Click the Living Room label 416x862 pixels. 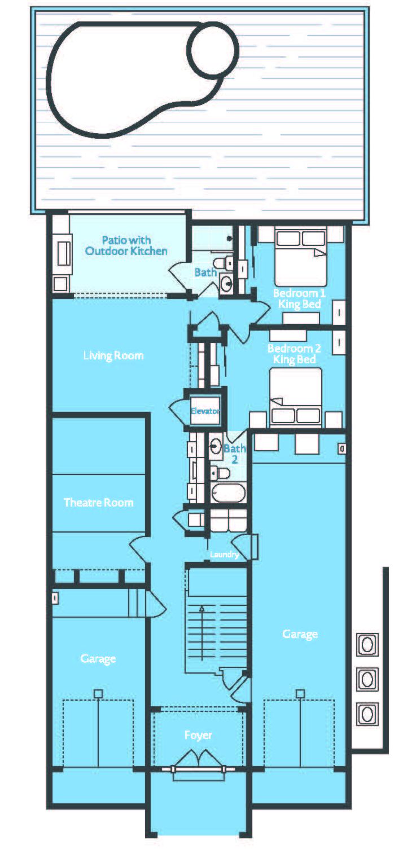point(113,355)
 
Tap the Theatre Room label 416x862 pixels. point(99,502)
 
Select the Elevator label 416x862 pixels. point(205,411)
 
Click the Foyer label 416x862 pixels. point(198,735)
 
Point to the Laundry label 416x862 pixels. point(224,555)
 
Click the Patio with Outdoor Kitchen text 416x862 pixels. point(126,245)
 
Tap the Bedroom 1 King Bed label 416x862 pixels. point(299,298)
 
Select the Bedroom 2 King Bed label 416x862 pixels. point(294,354)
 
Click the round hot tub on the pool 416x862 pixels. point(213,50)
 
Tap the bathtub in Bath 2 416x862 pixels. point(228,493)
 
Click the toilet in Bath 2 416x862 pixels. point(220,472)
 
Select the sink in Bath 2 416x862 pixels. point(216,446)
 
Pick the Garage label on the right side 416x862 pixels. point(300,634)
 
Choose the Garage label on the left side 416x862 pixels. point(98,658)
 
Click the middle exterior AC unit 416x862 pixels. point(367,679)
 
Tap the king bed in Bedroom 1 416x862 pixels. point(300,256)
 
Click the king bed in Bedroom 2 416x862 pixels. point(296,397)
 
